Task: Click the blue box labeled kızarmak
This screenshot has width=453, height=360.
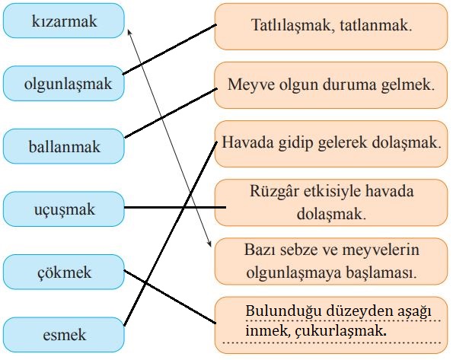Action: (64, 21)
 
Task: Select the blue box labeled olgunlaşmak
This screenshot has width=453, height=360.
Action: (64, 83)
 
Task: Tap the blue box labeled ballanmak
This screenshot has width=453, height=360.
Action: (64, 146)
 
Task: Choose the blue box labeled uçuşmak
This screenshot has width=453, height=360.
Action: (64, 209)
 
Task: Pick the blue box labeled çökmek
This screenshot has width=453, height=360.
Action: (64, 272)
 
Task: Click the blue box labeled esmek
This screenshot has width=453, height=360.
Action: (64, 335)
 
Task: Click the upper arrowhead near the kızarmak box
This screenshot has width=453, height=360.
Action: (129, 30)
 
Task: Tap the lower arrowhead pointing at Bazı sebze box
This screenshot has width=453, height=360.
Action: (209, 244)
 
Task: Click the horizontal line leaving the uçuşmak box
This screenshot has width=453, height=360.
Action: (175, 207)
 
